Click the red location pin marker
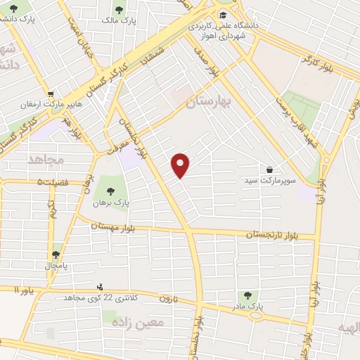181,165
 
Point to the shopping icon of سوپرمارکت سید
270,169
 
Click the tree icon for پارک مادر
246,295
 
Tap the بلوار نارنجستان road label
274,233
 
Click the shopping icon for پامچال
56,255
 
